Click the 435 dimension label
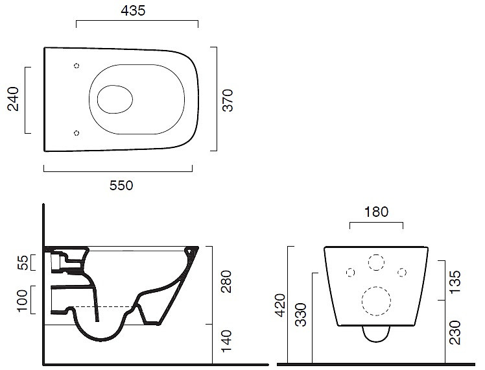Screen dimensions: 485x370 133,10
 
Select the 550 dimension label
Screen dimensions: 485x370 121,186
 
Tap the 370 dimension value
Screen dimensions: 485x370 228,100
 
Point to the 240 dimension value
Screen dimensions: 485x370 14,99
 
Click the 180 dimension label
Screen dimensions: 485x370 376,212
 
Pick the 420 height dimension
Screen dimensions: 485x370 281,305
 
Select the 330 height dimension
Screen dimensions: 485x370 301,315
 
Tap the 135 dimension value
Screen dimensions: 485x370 455,282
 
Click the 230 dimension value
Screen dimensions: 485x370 455,332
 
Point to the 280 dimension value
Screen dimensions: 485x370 226,282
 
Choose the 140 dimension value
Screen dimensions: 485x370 226,341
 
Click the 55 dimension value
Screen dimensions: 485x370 23,262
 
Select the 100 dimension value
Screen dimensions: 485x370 23,301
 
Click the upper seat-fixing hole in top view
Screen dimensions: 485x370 77,66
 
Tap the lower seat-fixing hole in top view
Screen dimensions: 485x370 77,133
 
